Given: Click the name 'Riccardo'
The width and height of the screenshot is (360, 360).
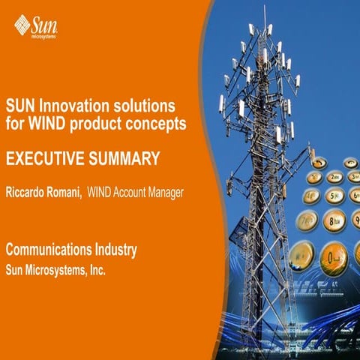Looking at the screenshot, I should pos(31,193).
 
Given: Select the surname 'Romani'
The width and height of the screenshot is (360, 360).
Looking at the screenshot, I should pos(79,193).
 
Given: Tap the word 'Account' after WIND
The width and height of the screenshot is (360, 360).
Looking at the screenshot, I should pos(128,193).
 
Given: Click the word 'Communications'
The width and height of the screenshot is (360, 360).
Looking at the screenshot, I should pos(49,248).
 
